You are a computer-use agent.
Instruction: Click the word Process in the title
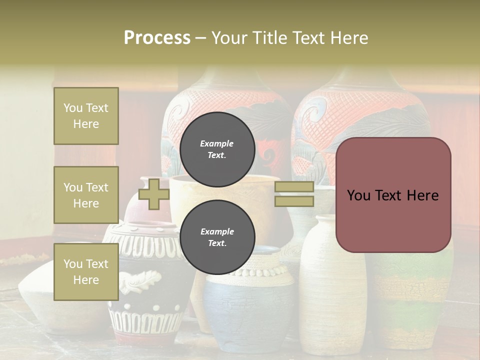tap(157, 37)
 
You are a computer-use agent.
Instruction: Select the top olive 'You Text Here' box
tap(86, 116)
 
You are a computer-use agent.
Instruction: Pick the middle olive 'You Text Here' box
tap(86, 195)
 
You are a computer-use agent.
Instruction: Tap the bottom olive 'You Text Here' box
tap(86, 271)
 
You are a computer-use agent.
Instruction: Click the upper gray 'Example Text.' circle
tap(217, 149)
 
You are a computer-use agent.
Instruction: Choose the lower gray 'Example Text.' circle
tap(217, 237)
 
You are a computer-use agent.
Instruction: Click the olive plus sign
tap(154, 194)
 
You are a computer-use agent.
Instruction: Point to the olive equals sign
tap(294, 194)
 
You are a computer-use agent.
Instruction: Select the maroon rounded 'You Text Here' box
tap(393, 195)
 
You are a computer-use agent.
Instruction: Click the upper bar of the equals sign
tap(294, 187)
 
